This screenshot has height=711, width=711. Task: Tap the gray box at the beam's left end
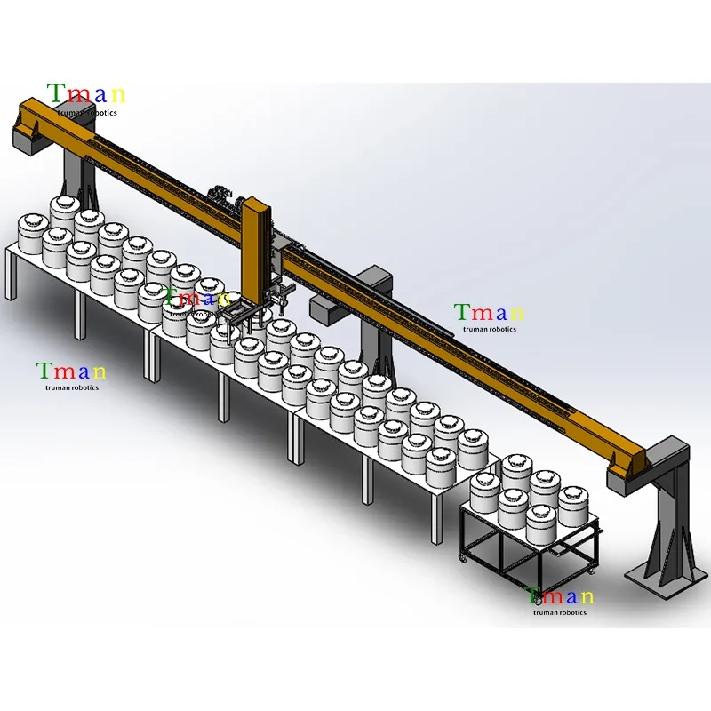click(x=30, y=137)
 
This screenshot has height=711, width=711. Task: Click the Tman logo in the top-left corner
click(x=86, y=99)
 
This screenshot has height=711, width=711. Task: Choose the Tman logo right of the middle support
click(x=490, y=317)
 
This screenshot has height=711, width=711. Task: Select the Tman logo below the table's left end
click(x=72, y=376)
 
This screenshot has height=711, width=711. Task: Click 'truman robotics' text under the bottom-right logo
click(x=560, y=612)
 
